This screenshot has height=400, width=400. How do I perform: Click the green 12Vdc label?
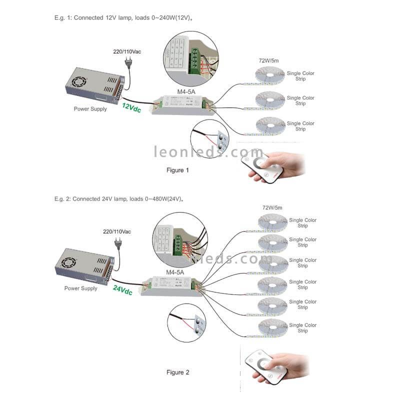pyautogui.click(x=131, y=107)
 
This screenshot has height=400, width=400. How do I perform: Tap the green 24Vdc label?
pyautogui.click(x=122, y=289)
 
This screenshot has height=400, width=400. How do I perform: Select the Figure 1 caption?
pyautogui.click(x=178, y=170)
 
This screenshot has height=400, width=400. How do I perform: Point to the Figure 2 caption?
pyautogui.click(x=178, y=372)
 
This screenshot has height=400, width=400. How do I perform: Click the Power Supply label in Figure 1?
pyautogui.click(x=90, y=108)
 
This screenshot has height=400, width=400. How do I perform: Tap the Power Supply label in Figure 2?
pyautogui.click(x=80, y=288)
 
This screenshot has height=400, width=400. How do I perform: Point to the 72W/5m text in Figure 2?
pyautogui.click(x=272, y=207)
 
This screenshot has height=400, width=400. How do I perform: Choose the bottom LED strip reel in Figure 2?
pyautogui.click(x=272, y=327)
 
